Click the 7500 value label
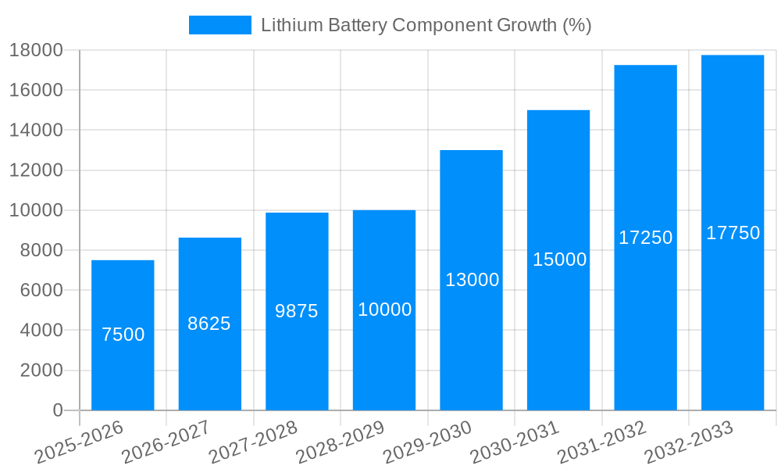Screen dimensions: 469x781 click(123, 335)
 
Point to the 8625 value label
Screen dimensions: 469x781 click(209, 324)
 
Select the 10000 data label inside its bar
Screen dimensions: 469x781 click(384, 310)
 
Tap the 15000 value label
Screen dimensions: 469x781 click(559, 260)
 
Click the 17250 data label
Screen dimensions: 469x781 click(646, 238)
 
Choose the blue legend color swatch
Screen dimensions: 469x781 click(220, 25)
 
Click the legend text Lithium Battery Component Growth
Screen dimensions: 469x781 click(426, 25)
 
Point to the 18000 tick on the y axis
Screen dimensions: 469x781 click(36, 50)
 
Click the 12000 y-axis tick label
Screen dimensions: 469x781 click(36, 170)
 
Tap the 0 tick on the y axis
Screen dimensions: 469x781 click(57, 410)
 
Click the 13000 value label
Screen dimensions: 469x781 click(472, 280)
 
